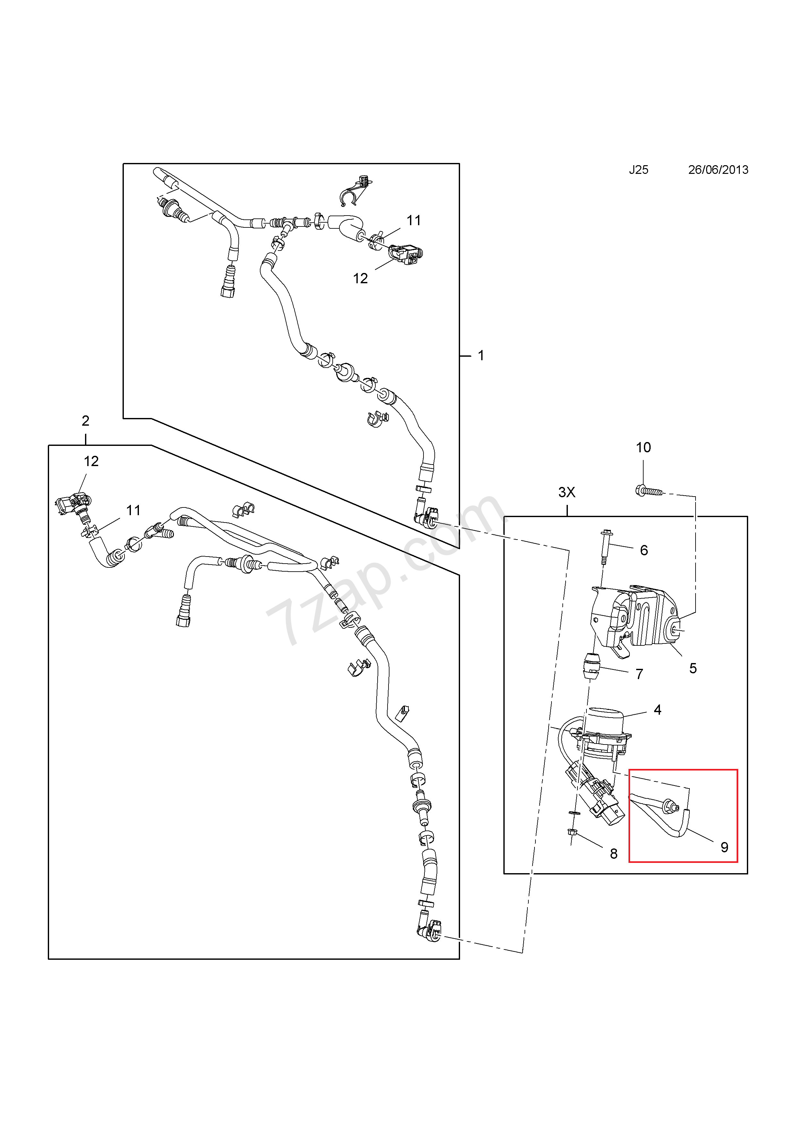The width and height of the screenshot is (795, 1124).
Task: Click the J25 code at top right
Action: point(638,170)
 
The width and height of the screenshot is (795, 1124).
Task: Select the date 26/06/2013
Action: point(718,170)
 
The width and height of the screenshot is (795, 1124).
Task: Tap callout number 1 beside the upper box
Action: point(481,355)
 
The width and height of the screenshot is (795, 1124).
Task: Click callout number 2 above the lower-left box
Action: point(86,421)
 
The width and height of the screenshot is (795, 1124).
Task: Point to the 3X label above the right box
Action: point(567,492)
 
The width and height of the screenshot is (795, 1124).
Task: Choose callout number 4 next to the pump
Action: point(657,710)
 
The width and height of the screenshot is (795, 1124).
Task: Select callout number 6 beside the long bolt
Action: point(644,550)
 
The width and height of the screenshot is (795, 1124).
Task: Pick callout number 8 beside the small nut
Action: point(613,854)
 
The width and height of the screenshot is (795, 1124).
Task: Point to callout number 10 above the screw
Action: point(643,447)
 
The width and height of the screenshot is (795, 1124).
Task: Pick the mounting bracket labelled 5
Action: point(637,617)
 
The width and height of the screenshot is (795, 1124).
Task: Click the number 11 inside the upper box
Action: point(414,221)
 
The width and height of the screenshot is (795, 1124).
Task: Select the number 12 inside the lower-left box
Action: point(91,461)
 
